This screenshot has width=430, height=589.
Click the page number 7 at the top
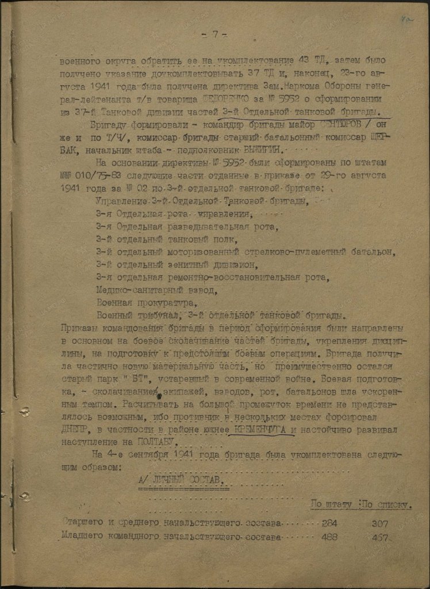[213, 34]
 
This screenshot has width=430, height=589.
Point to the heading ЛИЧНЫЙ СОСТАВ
[183, 480]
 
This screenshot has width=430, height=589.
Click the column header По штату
[331, 505]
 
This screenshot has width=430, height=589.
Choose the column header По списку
[385, 505]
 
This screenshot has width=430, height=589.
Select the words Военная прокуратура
[147, 302]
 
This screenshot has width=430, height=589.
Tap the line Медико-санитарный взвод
[156, 289]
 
